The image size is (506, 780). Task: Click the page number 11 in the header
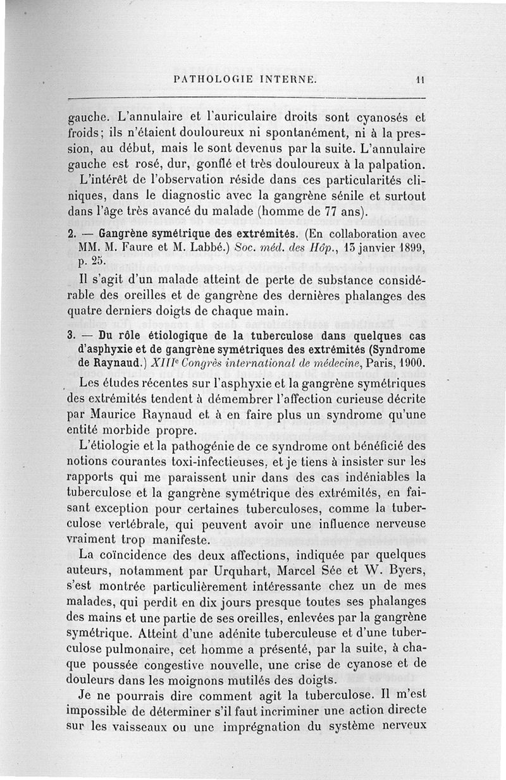click(x=419, y=80)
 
